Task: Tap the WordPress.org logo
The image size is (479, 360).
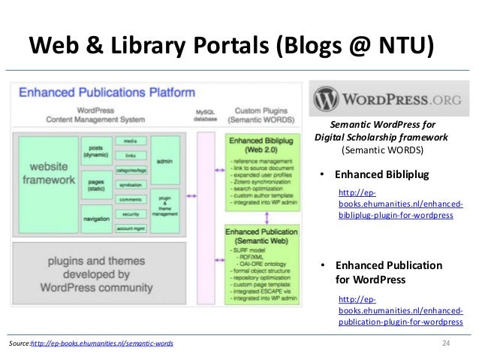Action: coord(384,98)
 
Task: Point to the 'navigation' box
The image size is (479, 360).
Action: coord(95,219)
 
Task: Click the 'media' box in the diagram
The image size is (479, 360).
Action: coord(130,141)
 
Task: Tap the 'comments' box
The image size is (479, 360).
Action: coord(130,199)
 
